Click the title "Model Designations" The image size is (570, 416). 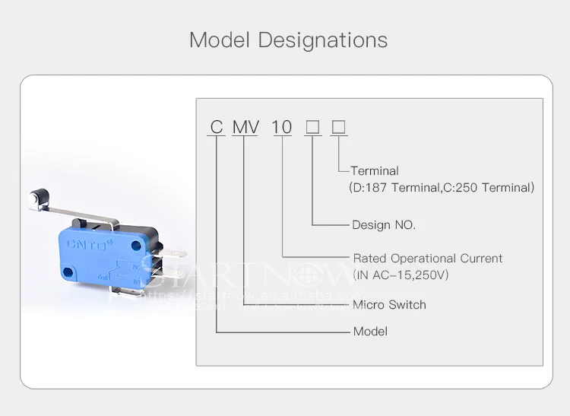pyautogui.click(x=288, y=40)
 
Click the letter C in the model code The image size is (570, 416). pyautogui.click(x=217, y=127)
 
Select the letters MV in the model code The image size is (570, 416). pyautogui.click(x=245, y=127)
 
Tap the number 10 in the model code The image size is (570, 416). pyautogui.click(x=282, y=127)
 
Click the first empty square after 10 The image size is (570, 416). pyautogui.click(x=312, y=127)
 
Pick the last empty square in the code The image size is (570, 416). pyautogui.click(x=339, y=127)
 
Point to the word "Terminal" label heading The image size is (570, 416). pyautogui.click(x=374, y=171)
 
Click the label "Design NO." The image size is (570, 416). pyautogui.click(x=384, y=225)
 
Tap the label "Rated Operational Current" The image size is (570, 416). pyautogui.click(x=428, y=259)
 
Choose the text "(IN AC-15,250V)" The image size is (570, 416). pyautogui.click(x=401, y=275)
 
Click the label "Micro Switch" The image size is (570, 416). pyautogui.click(x=389, y=305)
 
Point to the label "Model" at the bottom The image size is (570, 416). pyautogui.click(x=370, y=332)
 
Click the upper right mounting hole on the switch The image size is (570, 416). pyautogui.click(x=136, y=244)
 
